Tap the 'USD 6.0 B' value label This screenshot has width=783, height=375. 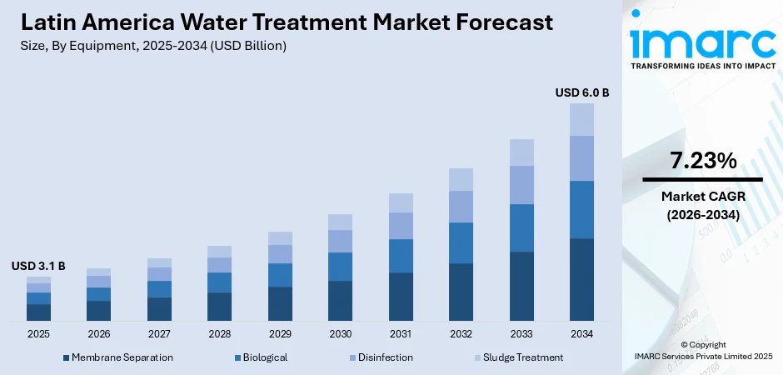click(581, 92)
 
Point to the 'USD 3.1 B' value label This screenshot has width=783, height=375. click(38, 266)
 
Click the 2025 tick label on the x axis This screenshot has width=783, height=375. click(38, 333)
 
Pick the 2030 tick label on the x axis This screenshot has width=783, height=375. click(340, 333)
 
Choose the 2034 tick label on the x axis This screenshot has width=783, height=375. click(581, 333)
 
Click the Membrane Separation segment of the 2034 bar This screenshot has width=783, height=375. click(581, 279)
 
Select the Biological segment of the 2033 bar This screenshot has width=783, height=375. click(521, 227)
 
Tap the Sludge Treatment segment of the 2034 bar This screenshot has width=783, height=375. click(581, 119)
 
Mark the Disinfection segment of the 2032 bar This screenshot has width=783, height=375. click(461, 207)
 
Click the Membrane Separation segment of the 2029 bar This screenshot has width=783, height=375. click(280, 303)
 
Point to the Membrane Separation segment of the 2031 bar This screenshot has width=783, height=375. click(401, 296)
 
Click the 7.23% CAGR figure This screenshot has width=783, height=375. click(702, 161)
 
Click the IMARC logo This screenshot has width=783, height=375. click(701, 42)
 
